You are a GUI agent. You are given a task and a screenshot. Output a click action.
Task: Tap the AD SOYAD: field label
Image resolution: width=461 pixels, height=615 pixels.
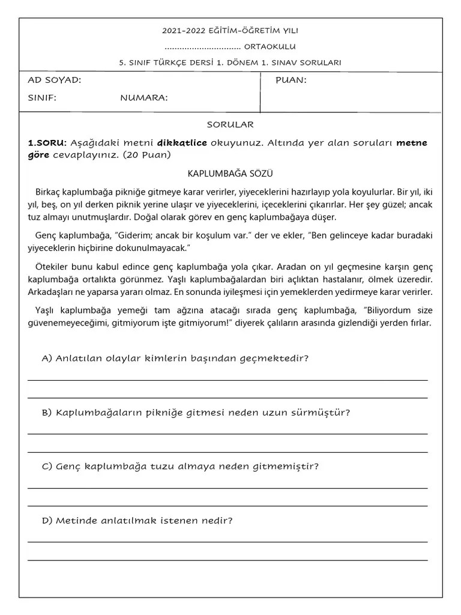pyautogui.click(x=55, y=80)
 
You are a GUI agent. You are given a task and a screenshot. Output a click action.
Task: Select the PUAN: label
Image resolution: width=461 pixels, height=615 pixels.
pyautogui.click(x=291, y=80)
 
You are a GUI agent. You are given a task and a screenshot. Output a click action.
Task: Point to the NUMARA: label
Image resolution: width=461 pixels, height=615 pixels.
pyautogui.click(x=144, y=98)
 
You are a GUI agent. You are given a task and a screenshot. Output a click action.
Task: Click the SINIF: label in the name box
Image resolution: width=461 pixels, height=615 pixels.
pyautogui.click(x=42, y=98)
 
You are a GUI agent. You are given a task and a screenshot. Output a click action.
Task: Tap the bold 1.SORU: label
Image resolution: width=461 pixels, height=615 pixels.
pyautogui.click(x=47, y=143)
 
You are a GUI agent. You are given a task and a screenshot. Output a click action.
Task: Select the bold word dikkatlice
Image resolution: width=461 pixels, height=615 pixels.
pyautogui.click(x=182, y=143)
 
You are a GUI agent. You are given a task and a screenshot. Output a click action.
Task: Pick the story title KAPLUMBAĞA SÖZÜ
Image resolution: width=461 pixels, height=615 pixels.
pyautogui.click(x=230, y=174)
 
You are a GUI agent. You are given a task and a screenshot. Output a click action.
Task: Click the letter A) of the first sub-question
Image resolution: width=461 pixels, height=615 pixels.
pyautogui.click(x=47, y=359)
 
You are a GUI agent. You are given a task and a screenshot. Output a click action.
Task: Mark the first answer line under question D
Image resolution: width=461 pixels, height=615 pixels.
pyautogui.click(x=227, y=542)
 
